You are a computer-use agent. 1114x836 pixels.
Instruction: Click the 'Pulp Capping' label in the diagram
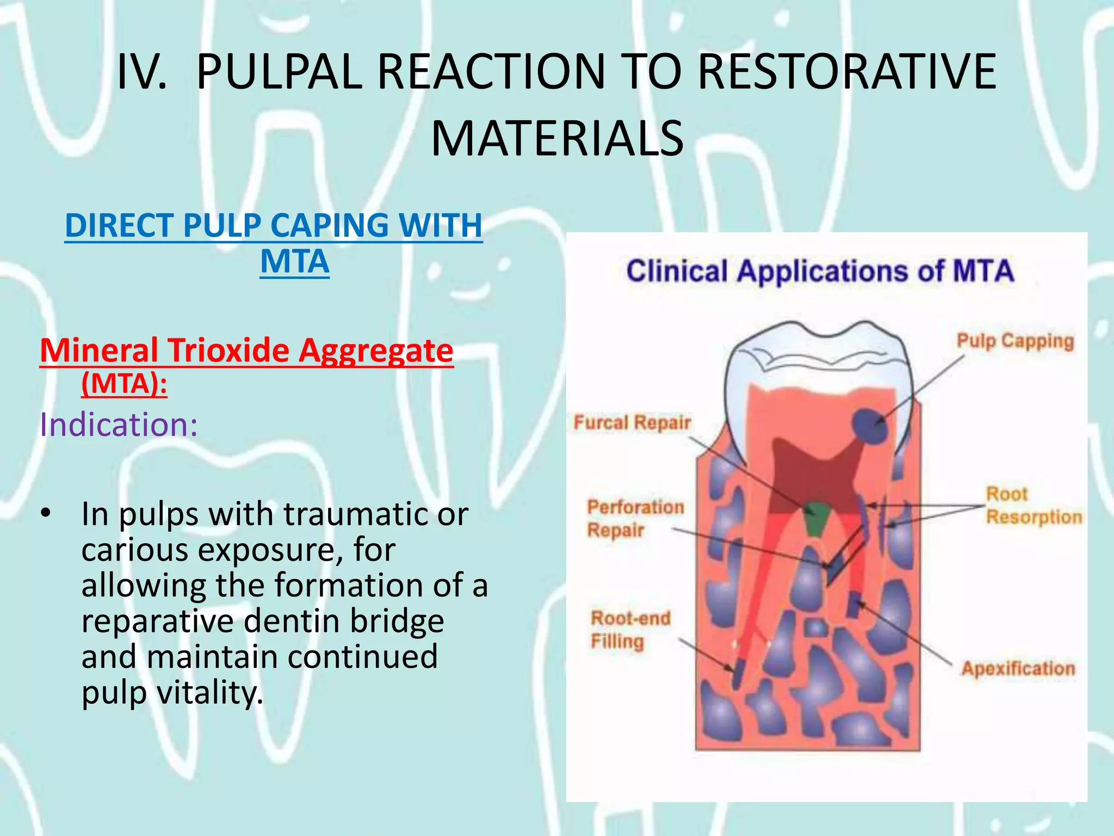(x=1015, y=342)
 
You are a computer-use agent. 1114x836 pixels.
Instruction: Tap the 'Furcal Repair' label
(x=632, y=423)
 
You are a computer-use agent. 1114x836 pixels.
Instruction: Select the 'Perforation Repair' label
(x=635, y=518)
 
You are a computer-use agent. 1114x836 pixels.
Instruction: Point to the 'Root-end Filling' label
(x=630, y=630)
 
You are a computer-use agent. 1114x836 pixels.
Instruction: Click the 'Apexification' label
(x=1018, y=668)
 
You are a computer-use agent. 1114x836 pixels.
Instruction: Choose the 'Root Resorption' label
(x=1033, y=506)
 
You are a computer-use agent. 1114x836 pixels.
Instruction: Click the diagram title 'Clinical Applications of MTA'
(x=820, y=271)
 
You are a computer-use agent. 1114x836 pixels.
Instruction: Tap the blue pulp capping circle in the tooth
(x=869, y=426)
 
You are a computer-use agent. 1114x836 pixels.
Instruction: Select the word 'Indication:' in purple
(x=119, y=425)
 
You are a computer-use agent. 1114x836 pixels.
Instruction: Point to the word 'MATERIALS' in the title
(x=557, y=139)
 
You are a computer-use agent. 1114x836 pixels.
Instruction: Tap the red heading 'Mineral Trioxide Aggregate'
(x=246, y=350)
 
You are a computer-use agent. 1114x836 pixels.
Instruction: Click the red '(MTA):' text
(x=124, y=384)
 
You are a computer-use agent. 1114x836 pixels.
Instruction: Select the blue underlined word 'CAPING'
(x=330, y=225)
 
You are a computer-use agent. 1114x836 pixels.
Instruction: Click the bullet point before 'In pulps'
(x=46, y=513)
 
